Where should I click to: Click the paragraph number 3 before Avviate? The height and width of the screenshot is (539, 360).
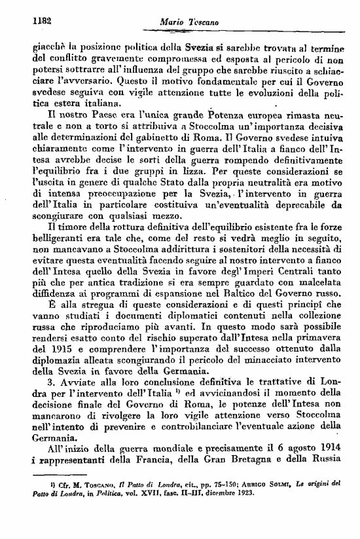click(x=41, y=381)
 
